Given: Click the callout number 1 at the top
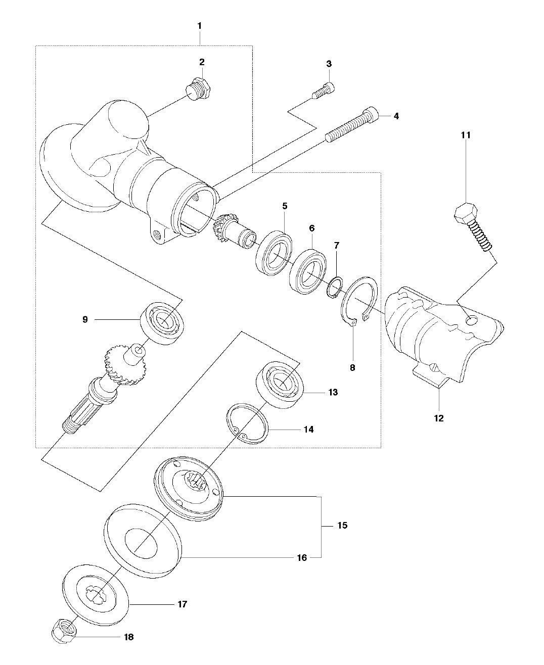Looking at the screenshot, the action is click(x=199, y=26).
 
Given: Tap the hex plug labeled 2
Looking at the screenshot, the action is click(x=198, y=88).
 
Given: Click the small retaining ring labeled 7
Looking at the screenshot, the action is click(x=334, y=287).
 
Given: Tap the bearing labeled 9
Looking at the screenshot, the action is click(x=162, y=323).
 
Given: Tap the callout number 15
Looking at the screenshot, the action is click(x=342, y=526).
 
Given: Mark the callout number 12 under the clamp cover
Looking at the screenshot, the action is click(x=439, y=418).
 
